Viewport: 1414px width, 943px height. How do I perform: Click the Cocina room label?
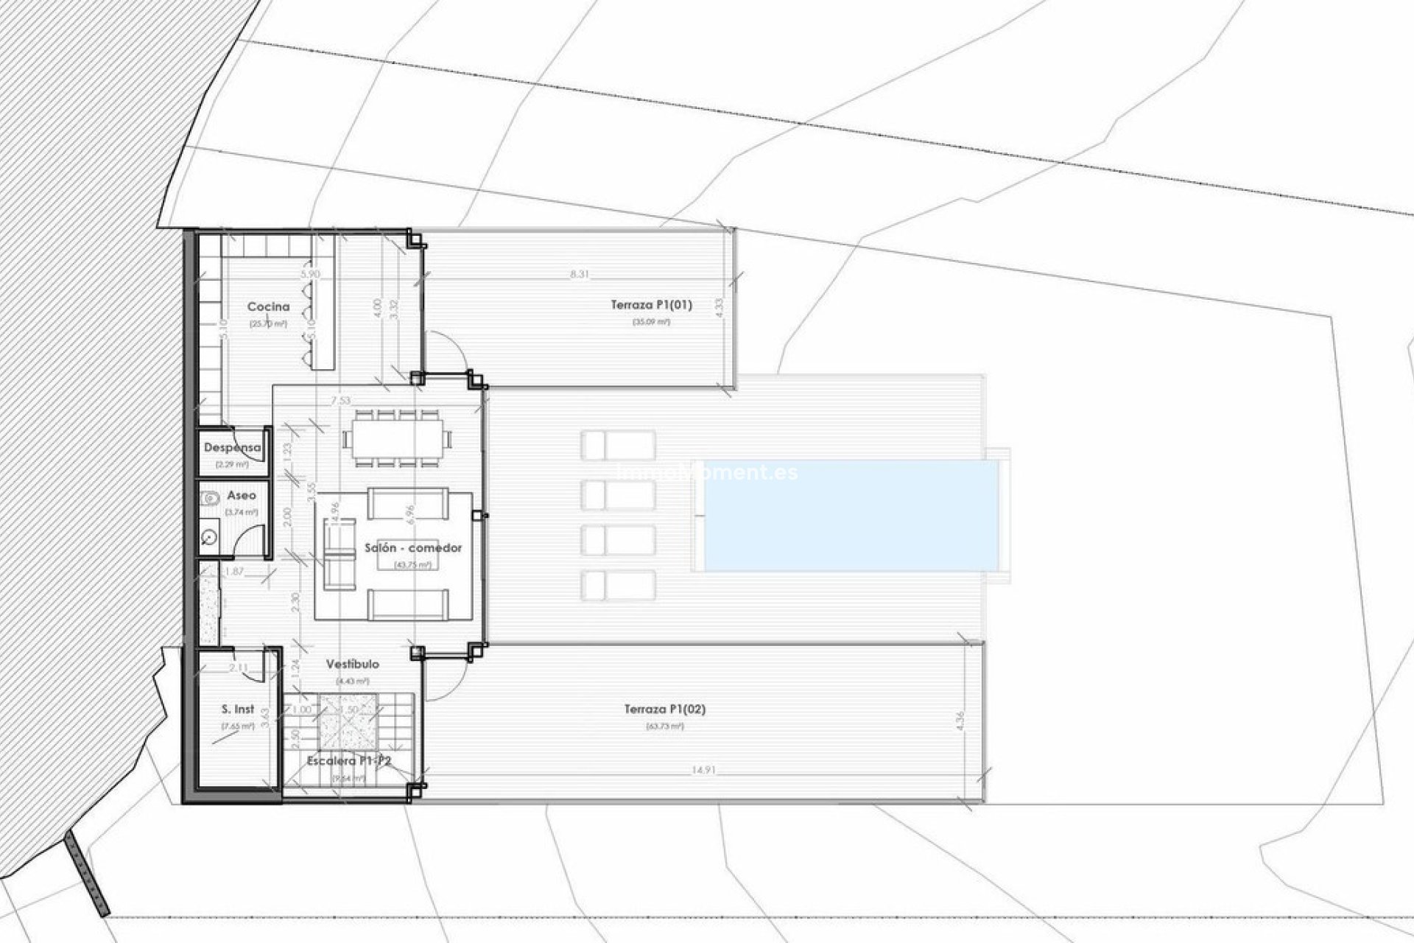point(268,306)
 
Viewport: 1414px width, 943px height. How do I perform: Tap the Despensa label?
point(232,448)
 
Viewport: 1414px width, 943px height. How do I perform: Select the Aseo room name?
point(242,496)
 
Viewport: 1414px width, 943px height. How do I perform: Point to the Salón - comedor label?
point(413,548)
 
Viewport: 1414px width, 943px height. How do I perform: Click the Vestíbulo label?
point(353,664)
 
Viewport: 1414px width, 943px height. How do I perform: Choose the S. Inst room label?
point(238,709)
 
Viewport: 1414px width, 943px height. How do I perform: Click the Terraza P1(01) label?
point(651,304)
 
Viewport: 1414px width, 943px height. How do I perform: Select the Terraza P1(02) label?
point(665,709)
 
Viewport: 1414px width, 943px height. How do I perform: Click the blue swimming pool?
point(851,515)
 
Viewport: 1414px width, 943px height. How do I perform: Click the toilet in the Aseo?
point(210,498)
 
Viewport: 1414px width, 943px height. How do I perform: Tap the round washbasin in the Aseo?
point(209,538)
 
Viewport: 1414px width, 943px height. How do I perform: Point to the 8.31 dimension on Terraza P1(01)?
point(580,274)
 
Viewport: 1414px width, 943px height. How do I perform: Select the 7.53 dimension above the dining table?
point(340,401)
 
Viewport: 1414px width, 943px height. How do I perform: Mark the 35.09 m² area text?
point(651,322)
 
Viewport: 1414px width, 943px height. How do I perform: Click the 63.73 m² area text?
point(665,726)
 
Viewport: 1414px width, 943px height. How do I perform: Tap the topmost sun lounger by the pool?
point(618,446)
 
